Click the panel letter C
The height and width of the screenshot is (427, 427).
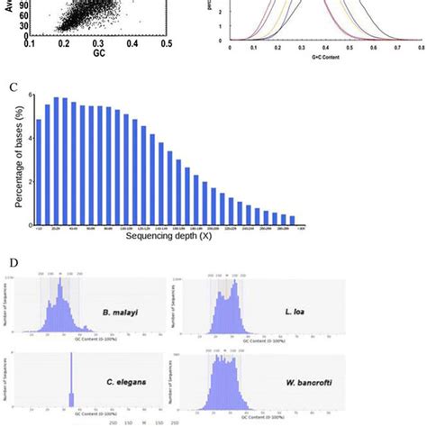[x=12, y=88]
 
